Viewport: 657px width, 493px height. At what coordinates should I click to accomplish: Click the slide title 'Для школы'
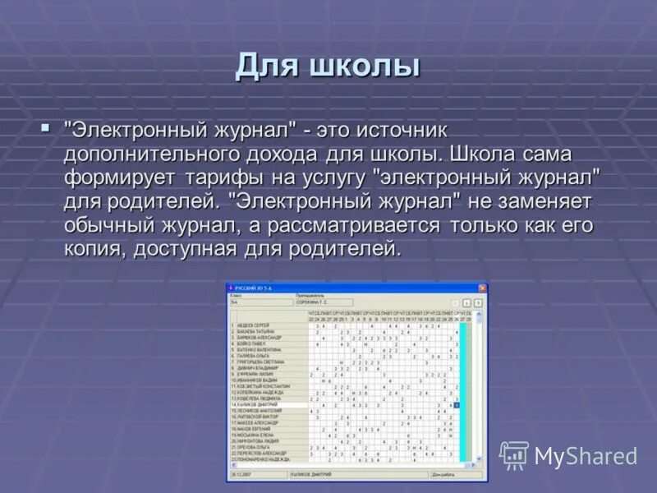(x=328, y=65)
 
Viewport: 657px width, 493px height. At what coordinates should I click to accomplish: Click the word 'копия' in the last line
(x=92, y=249)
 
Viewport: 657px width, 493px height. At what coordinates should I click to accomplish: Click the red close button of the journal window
(x=482, y=288)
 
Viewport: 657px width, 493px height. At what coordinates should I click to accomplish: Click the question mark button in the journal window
(x=478, y=302)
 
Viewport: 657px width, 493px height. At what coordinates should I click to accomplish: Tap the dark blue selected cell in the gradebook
(x=457, y=405)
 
